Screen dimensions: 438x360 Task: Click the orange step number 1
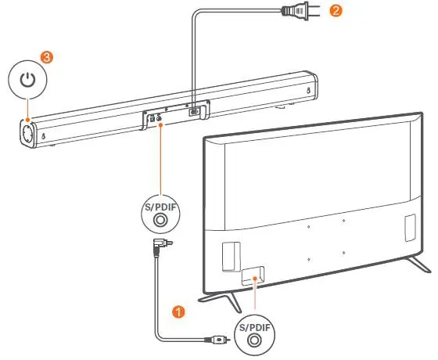(178, 311)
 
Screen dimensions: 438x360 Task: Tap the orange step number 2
(336, 11)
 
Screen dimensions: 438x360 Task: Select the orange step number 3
(47, 57)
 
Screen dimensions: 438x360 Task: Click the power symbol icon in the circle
(27, 80)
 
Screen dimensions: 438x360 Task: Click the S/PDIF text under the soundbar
(160, 208)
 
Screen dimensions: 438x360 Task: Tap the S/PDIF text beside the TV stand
(254, 327)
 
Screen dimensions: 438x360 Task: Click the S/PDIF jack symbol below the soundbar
(160, 220)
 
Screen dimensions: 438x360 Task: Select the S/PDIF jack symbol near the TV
(254, 340)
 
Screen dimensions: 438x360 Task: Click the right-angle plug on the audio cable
(160, 246)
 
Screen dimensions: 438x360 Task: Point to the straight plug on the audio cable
(218, 340)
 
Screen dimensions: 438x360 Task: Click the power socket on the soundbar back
(194, 112)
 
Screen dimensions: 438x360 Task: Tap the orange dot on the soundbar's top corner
(27, 120)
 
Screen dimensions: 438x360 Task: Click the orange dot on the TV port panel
(255, 278)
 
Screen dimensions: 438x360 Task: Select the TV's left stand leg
(221, 301)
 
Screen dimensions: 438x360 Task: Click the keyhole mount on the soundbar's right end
(308, 91)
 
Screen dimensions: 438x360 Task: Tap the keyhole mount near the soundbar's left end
(43, 136)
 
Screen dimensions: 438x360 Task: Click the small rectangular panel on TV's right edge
(410, 228)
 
